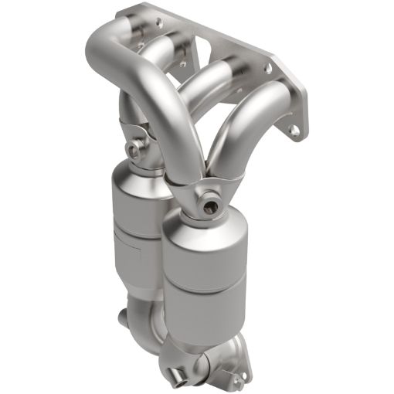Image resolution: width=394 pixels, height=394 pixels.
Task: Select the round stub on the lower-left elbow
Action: pos(127,318)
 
